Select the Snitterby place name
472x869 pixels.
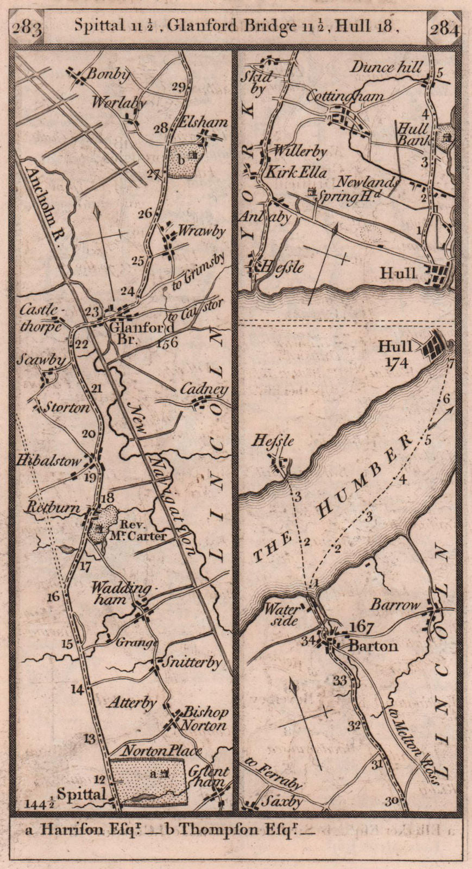click(193, 663)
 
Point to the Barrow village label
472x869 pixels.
click(397, 604)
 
